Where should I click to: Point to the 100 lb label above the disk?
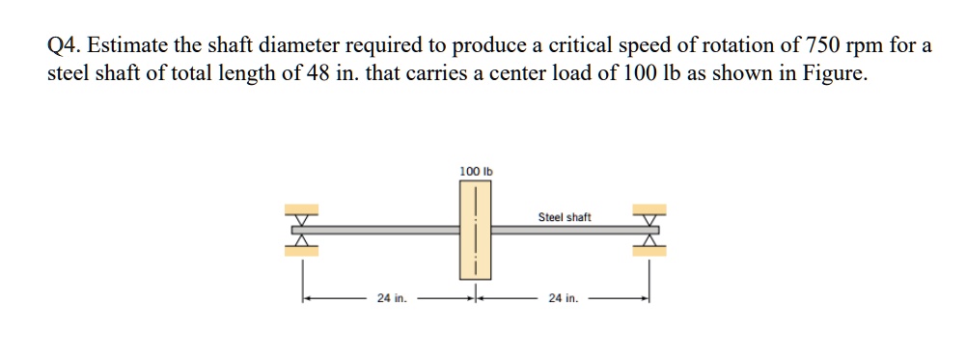click(476, 171)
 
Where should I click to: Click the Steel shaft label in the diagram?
click(565, 217)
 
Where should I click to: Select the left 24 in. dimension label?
click(392, 298)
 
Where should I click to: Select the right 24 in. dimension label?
click(564, 298)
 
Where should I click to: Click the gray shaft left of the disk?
click(386, 230)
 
